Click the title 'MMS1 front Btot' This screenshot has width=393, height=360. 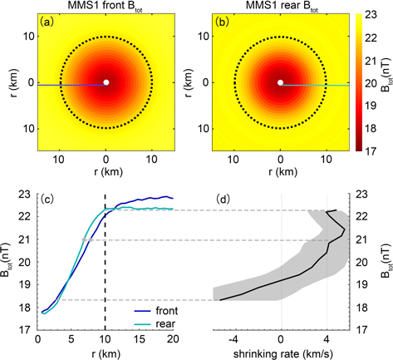point(106,7)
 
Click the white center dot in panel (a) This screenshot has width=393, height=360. point(106,82)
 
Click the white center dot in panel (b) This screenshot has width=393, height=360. point(280,82)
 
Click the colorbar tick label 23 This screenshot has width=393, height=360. point(371,14)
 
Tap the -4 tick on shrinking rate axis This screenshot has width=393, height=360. point(235,338)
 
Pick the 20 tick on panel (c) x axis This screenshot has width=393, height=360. point(172,338)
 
